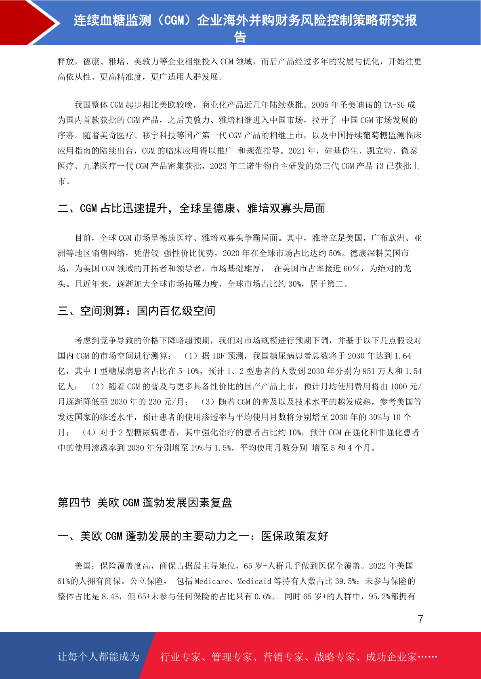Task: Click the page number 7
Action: click(x=420, y=619)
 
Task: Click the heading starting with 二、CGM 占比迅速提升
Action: click(x=191, y=208)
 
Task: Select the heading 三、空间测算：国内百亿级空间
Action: click(x=137, y=311)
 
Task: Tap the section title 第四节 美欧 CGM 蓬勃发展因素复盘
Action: click(x=145, y=503)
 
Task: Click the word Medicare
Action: click(x=212, y=581)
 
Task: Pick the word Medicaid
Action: click(x=254, y=581)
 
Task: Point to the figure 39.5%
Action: click(x=346, y=581)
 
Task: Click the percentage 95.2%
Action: click(x=380, y=597)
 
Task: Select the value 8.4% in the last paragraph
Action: click(x=109, y=597)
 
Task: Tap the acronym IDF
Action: click(x=218, y=356)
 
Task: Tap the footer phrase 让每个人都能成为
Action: click(x=99, y=657)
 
